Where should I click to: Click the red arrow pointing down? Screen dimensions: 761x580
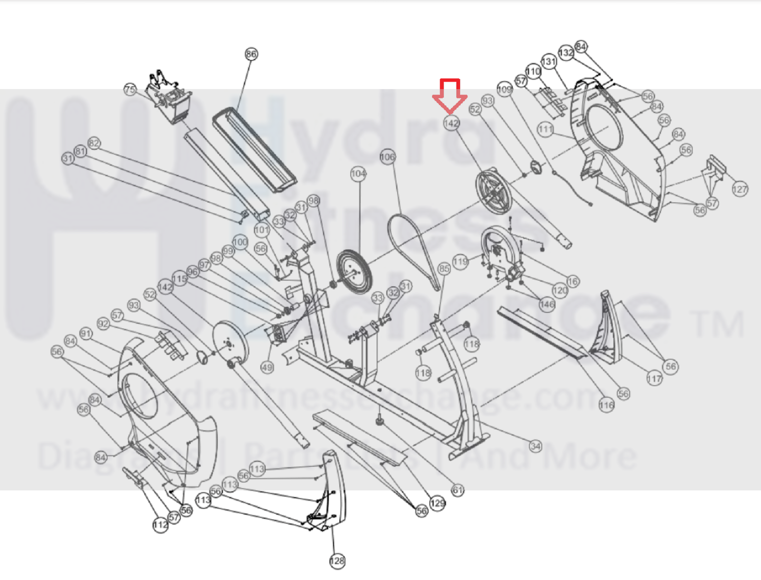[450, 96]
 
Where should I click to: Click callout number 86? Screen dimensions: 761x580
[251, 54]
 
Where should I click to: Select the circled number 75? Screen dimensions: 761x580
[130, 90]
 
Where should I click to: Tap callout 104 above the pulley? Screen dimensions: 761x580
[358, 173]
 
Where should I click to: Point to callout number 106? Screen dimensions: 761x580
[388, 157]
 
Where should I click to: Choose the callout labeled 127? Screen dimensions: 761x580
[740, 189]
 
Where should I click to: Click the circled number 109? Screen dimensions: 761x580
[505, 89]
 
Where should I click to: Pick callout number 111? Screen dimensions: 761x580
[545, 129]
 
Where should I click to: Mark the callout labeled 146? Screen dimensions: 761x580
[547, 304]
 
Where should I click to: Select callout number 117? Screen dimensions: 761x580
[654, 378]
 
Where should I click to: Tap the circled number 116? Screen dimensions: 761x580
[606, 405]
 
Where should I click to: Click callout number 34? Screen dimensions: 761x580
[535, 446]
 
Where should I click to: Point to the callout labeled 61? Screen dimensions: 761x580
[458, 490]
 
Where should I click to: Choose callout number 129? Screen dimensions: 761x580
[437, 503]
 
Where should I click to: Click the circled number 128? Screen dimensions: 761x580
[337, 560]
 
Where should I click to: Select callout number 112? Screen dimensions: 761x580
[160, 525]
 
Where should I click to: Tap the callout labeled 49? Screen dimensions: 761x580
[267, 367]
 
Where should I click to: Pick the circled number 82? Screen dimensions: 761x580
[94, 143]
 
